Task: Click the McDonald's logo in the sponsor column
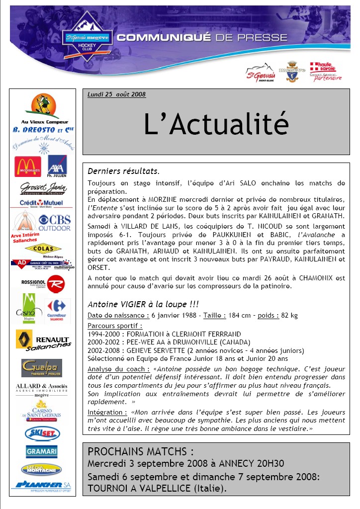27,167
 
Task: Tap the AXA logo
57,165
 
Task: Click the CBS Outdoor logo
54,222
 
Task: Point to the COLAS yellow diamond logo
43,249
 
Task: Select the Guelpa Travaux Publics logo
42,368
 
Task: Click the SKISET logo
42,433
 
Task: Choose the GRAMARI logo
42,451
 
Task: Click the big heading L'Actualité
216,123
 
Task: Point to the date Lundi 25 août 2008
116,94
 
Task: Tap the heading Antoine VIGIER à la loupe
143,304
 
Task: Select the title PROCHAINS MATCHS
141,452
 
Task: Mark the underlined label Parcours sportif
115,326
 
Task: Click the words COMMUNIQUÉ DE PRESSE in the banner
201,38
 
